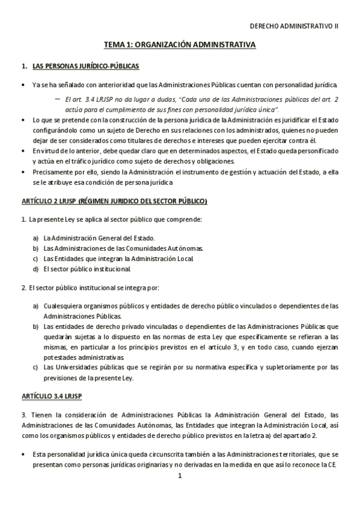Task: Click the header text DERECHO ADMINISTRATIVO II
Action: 294,26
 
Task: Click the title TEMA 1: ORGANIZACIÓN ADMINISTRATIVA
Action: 180,45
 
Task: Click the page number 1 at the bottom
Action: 180,476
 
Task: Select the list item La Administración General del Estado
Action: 99,238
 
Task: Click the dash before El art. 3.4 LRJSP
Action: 57,98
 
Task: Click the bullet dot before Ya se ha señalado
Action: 23,85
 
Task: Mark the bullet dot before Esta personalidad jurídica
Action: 23,455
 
